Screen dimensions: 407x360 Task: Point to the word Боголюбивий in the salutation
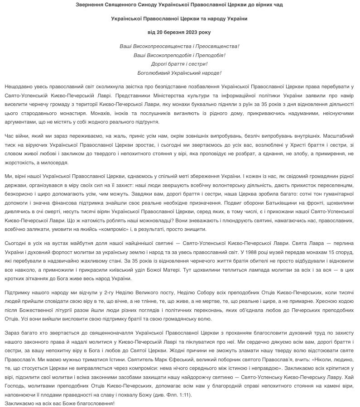click(x=154, y=72)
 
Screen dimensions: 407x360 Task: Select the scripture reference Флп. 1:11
click(x=178, y=395)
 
